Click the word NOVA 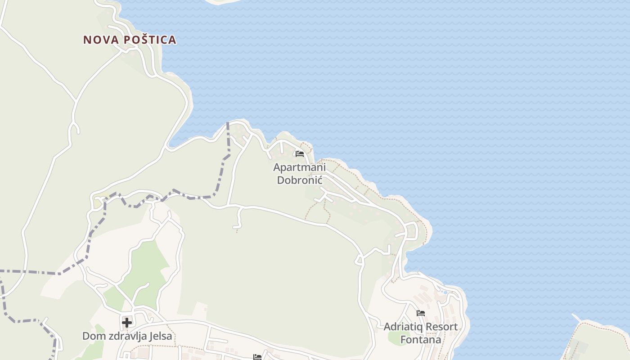(x=101, y=40)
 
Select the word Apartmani (x=299, y=167)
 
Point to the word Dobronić (x=299, y=180)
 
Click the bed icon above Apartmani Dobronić (x=300, y=154)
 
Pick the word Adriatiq (x=403, y=327)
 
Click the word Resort (x=441, y=327)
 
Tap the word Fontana (x=421, y=339)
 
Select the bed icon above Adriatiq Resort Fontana (x=421, y=313)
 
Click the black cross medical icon (x=127, y=322)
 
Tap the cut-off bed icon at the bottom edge (x=257, y=357)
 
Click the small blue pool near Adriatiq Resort (x=445, y=292)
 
